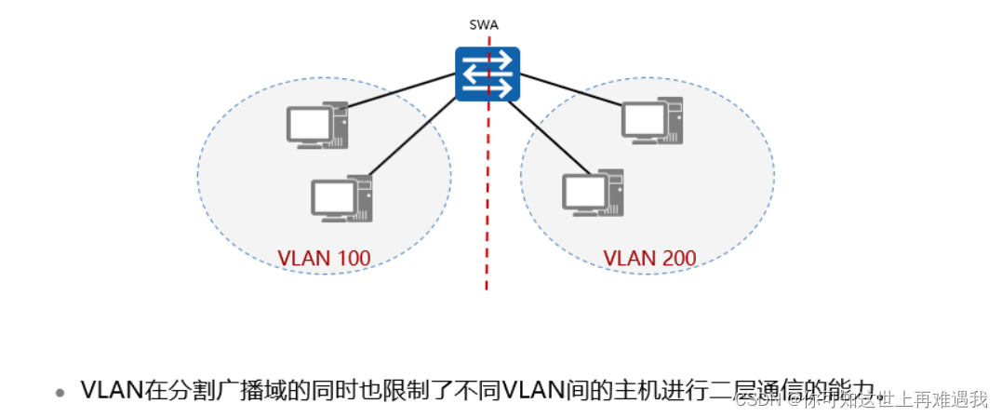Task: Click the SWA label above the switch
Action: point(485,26)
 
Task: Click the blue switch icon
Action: point(486,74)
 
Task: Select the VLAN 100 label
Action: point(324,258)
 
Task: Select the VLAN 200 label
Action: point(649,258)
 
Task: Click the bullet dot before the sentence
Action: point(61,392)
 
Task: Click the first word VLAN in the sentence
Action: point(113,390)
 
